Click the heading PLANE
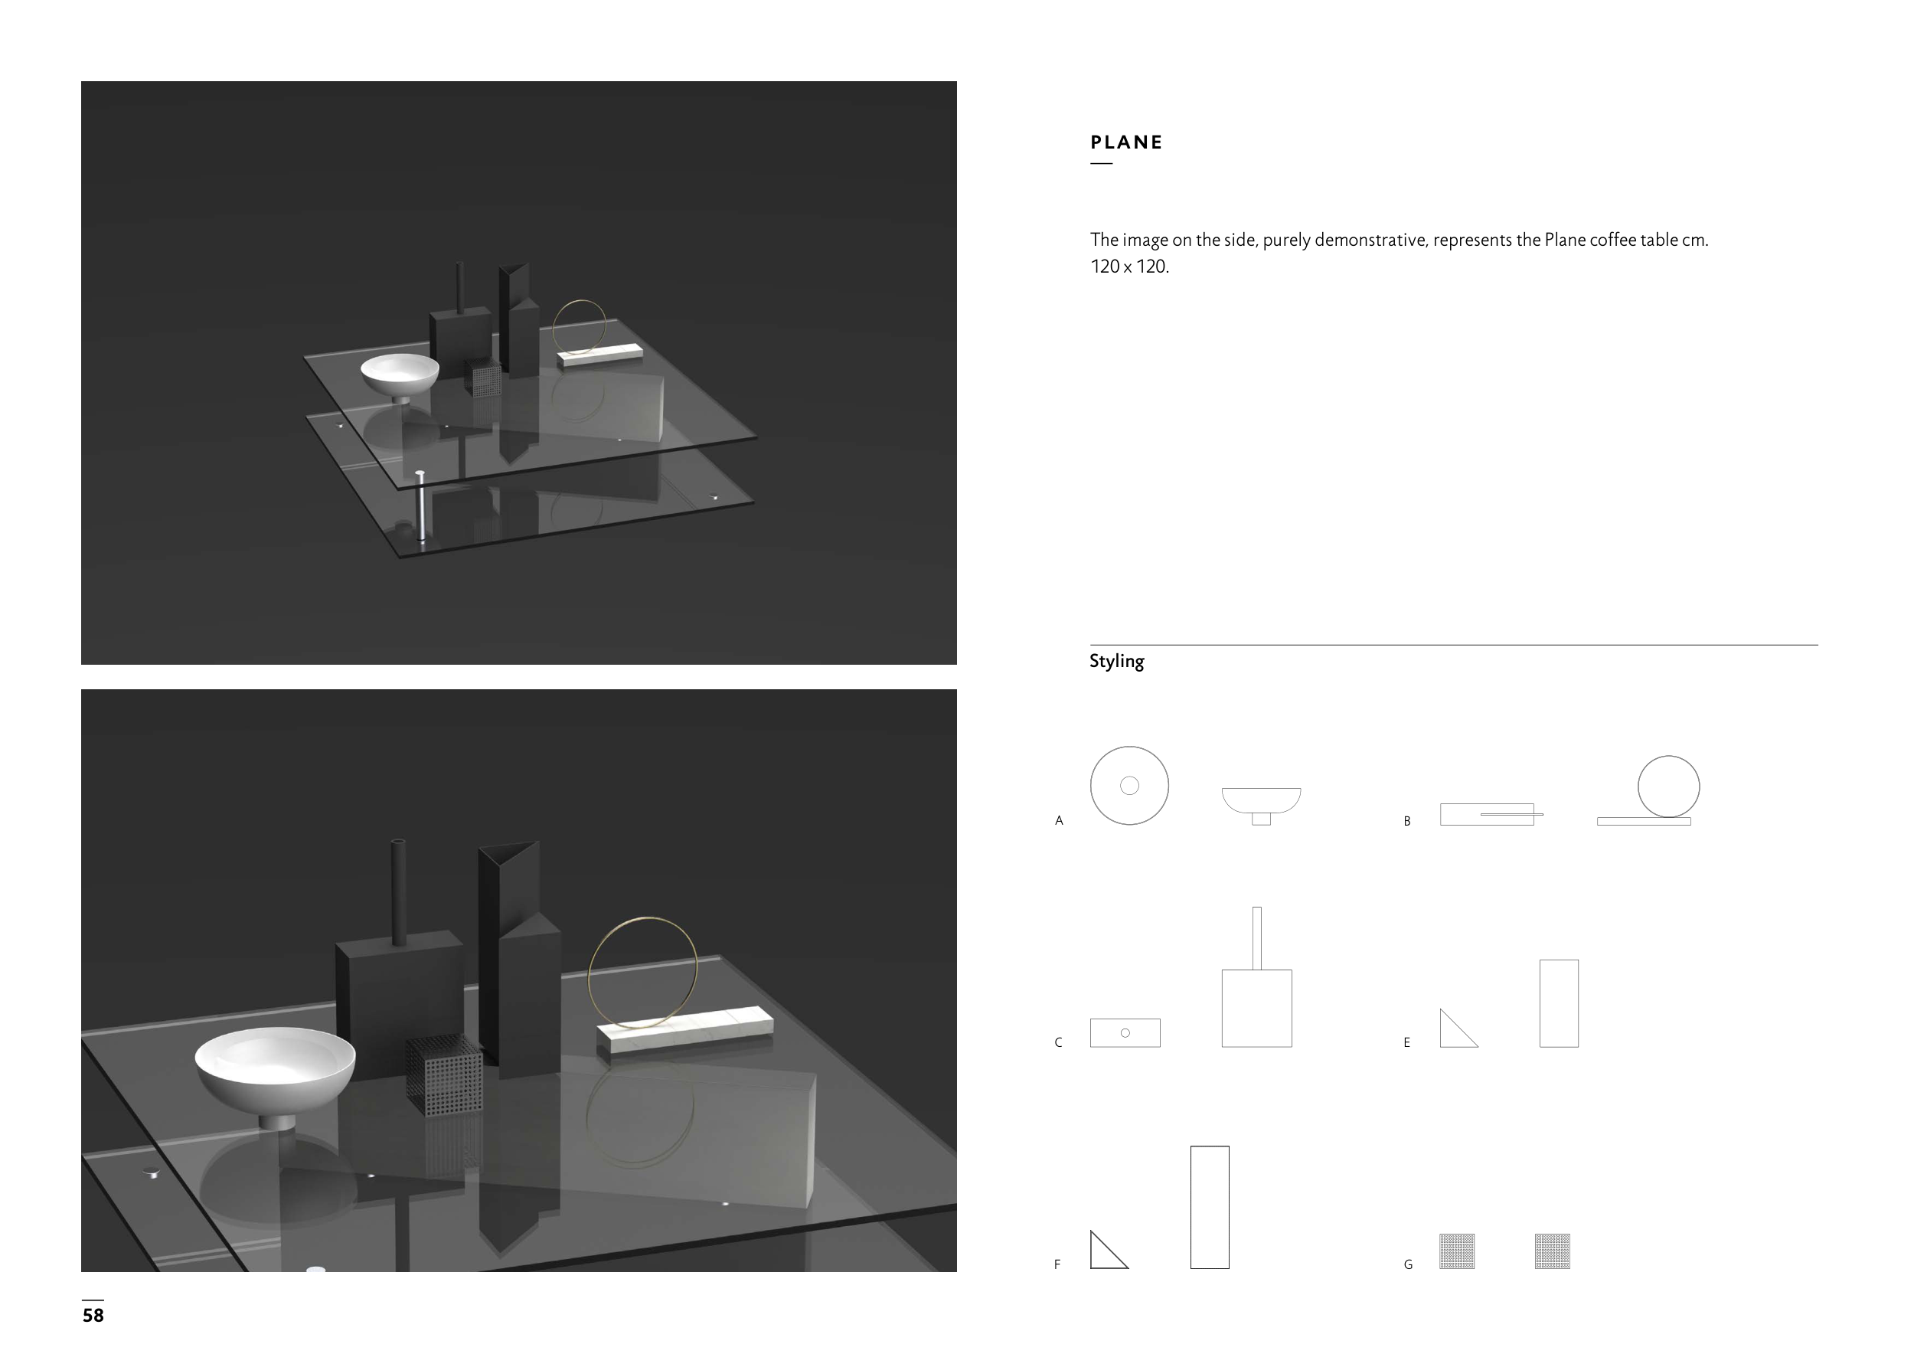(1126, 142)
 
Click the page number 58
(93, 1315)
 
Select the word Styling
(1116, 661)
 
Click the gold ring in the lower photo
(590, 967)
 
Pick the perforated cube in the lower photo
(444, 1074)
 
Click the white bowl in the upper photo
(400, 377)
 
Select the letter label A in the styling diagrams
(1059, 820)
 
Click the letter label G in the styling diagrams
(1408, 1265)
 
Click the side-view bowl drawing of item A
(1261, 805)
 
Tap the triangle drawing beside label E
(1458, 1029)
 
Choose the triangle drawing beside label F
(1108, 1251)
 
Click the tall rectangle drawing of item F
(1210, 1207)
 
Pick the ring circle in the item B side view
(1638, 787)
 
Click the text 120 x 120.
(1129, 267)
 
